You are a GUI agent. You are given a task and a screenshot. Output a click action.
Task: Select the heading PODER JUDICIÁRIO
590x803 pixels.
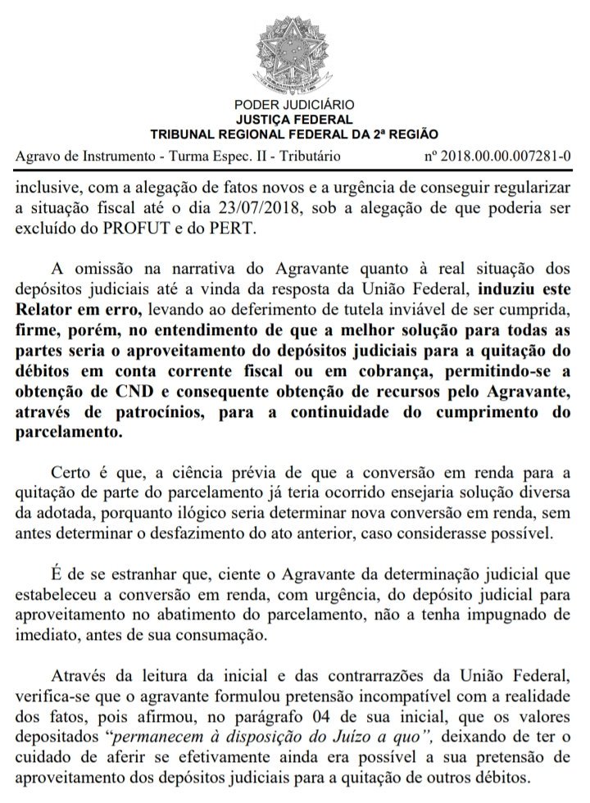click(294, 105)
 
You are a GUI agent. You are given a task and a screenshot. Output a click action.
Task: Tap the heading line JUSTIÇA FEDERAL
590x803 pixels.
click(294, 119)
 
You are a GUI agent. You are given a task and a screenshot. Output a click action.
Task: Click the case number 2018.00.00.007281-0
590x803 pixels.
click(507, 155)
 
